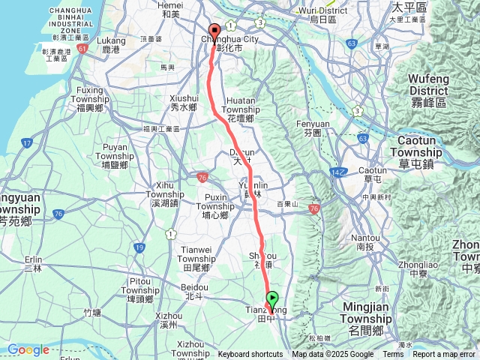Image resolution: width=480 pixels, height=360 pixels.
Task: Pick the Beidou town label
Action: (194, 291)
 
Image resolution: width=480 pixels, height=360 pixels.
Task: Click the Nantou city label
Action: (365, 241)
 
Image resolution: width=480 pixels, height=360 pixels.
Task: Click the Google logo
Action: (28, 349)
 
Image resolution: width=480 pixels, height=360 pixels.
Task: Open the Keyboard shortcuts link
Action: (250, 355)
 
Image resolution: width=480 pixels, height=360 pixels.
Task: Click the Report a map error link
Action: (444, 355)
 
